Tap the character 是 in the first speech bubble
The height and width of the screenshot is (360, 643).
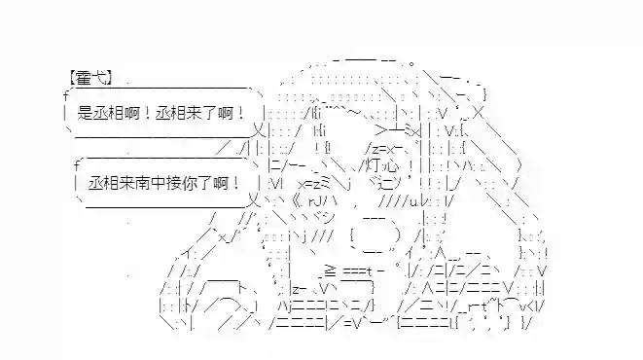84,114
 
